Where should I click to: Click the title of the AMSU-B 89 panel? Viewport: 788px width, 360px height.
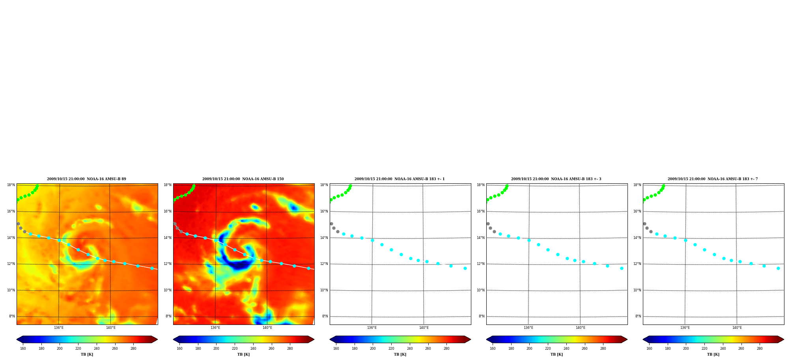[x=86, y=179]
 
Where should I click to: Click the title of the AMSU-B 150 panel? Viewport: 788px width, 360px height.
[x=243, y=179]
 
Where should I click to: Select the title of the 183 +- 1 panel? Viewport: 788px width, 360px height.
[x=400, y=179]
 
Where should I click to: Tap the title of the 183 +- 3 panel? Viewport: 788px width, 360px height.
[x=556, y=179]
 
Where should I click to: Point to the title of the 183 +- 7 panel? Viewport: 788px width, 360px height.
[x=713, y=179]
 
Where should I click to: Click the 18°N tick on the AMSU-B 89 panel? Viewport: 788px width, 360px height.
[x=11, y=185]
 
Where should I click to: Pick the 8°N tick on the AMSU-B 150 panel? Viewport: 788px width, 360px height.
[x=168, y=316]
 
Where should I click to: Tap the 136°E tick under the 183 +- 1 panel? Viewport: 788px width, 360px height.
[x=372, y=328]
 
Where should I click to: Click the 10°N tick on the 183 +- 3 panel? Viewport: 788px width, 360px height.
[x=481, y=290]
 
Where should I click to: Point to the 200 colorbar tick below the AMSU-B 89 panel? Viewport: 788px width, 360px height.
[x=60, y=349]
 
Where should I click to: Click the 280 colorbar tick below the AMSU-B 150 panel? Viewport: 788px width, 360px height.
[x=290, y=349]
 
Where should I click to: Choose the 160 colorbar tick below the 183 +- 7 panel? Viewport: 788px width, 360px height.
[x=649, y=349]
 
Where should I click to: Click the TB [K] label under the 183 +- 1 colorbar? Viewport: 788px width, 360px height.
[x=400, y=354]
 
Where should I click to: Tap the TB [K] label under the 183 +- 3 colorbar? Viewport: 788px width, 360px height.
[x=556, y=354]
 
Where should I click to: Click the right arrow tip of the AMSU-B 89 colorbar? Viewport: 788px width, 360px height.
[x=157, y=339]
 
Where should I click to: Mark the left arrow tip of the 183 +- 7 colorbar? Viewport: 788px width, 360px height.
[x=643, y=339]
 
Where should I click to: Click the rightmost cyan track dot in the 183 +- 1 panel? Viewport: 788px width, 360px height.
[x=465, y=268]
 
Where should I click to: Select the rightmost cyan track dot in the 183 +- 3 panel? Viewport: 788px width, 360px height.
[x=622, y=268]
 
